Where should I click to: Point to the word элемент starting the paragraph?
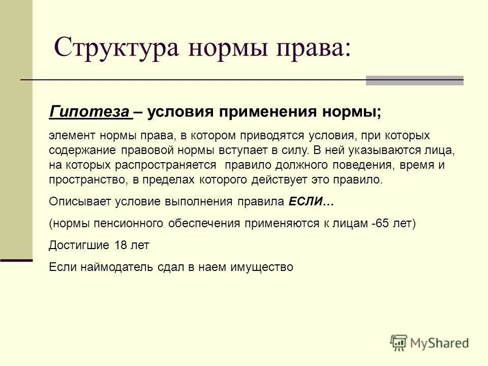(x=72, y=136)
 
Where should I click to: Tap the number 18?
(x=121, y=246)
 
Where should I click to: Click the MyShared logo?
(x=430, y=343)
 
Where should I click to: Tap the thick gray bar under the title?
(x=414, y=80)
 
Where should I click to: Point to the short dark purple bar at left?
(x=16, y=260)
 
